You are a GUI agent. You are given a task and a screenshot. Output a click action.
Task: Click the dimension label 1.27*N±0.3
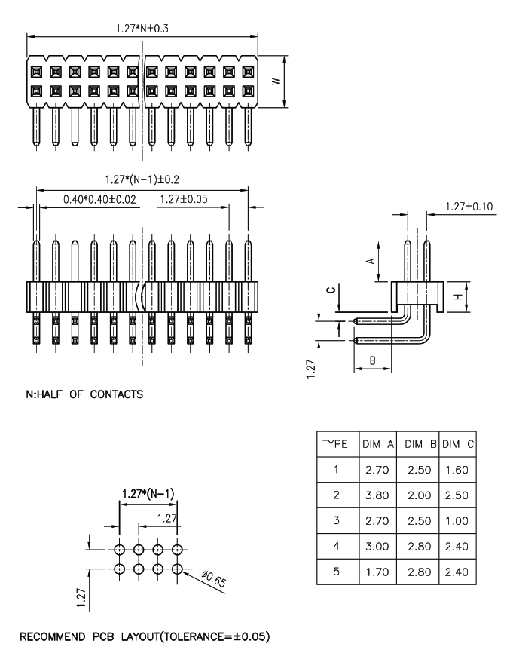(142, 29)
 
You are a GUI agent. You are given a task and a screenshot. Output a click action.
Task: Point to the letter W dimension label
(276, 81)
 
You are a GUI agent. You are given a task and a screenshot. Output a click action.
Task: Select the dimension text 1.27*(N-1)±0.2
(142, 179)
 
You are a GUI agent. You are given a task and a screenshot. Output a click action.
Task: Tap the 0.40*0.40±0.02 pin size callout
(99, 199)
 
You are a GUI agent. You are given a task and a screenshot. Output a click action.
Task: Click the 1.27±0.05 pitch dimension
(184, 199)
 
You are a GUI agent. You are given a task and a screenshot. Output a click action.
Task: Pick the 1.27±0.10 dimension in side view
(469, 207)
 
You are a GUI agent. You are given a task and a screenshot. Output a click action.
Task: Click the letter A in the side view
(371, 261)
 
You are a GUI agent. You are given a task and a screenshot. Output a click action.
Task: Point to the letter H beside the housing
(458, 297)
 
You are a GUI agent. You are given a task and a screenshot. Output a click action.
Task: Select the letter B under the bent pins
(373, 360)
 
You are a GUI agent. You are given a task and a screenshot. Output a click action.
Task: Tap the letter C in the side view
(331, 290)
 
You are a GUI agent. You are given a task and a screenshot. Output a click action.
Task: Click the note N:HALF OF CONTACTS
(84, 394)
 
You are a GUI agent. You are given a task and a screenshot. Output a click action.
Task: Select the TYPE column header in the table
(335, 444)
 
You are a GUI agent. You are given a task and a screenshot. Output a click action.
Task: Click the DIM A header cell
(378, 444)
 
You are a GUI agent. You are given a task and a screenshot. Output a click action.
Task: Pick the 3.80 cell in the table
(377, 495)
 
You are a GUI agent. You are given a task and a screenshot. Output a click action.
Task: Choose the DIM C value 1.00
(457, 521)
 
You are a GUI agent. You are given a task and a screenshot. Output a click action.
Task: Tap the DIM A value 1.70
(377, 572)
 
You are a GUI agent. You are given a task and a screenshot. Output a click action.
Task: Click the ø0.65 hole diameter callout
(214, 578)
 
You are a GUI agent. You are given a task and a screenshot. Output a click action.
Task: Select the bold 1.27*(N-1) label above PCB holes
(148, 494)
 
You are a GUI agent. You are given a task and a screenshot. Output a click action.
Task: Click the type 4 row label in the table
(336, 547)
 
